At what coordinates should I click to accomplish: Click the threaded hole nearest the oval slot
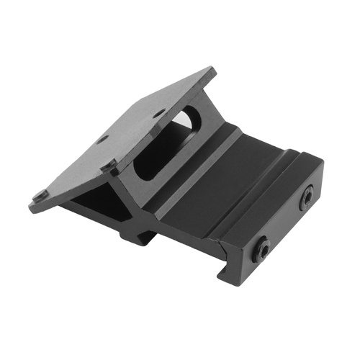(x=159, y=113)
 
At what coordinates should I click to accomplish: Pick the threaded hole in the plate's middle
(x=103, y=138)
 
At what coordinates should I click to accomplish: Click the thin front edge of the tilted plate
(x=79, y=189)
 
